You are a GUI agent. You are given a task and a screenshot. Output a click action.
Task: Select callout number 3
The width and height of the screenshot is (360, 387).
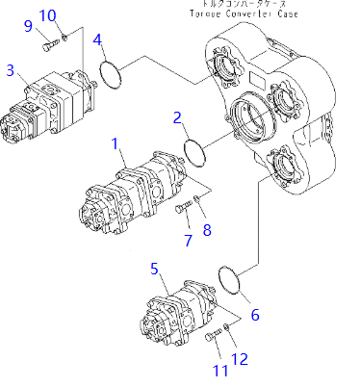(11, 70)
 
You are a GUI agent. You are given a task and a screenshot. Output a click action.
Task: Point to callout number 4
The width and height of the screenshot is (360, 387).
(98, 39)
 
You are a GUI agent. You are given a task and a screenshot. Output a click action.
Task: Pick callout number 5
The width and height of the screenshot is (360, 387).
(154, 269)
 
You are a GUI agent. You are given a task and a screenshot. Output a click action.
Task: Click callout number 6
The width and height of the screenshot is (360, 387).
(254, 315)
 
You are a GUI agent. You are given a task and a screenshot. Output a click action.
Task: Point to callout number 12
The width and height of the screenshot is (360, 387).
(241, 359)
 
